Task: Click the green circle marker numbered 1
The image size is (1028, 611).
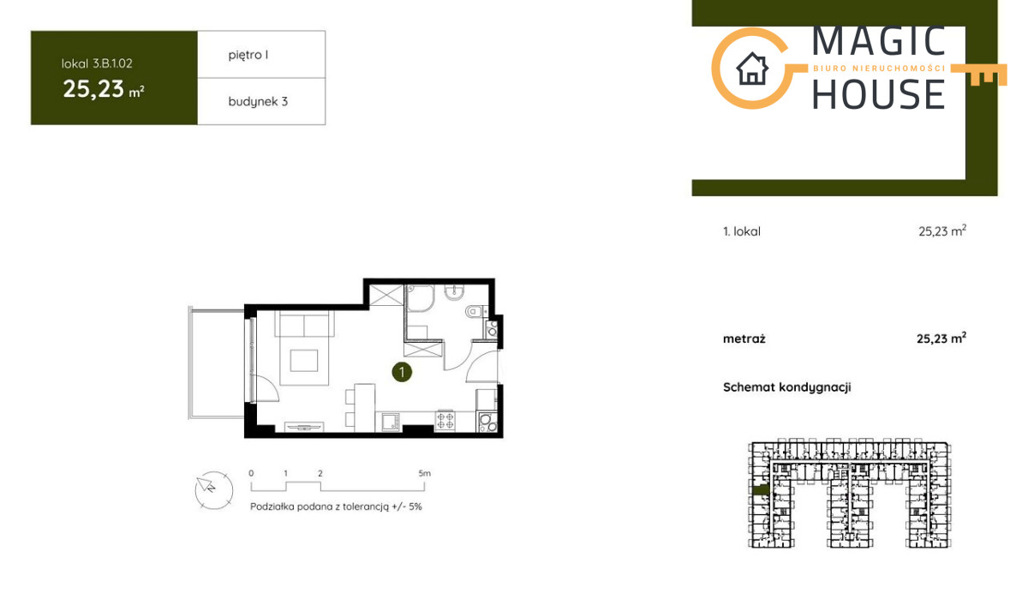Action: tap(402, 372)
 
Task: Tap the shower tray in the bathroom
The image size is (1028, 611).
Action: tap(421, 298)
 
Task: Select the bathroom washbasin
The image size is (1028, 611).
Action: tap(454, 292)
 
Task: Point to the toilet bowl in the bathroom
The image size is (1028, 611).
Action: tap(474, 312)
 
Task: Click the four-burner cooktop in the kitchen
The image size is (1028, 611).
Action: tap(445, 421)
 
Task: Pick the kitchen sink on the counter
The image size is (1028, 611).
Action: tap(391, 422)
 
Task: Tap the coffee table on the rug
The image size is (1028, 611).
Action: tap(304, 361)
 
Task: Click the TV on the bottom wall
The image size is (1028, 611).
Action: tap(304, 428)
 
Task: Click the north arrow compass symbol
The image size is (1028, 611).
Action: tap(214, 490)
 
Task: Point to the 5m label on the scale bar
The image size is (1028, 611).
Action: tap(425, 473)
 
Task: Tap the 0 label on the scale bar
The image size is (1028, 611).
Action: tap(251, 473)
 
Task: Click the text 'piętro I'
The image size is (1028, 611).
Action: tap(248, 55)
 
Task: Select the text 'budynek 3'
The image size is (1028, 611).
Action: tap(258, 101)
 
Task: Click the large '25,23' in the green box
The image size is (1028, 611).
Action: tap(93, 89)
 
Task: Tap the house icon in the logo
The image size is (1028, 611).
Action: tap(752, 69)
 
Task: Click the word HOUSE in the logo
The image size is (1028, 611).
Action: tap(879, 94)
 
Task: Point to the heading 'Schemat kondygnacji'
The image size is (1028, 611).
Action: tap(787, 387)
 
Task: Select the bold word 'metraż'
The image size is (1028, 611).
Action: tap(744, 339)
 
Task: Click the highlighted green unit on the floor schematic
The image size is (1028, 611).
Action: tap(761, 490)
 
